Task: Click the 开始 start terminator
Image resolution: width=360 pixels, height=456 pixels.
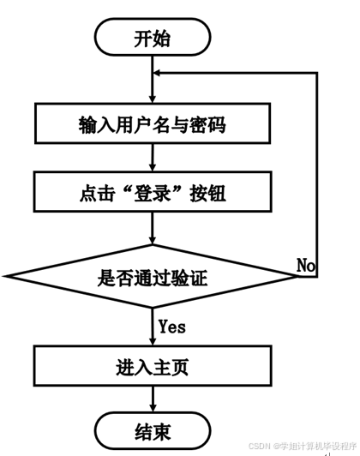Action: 153,37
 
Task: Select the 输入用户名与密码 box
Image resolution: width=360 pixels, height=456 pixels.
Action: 153,123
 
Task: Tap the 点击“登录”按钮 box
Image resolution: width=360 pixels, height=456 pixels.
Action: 153,192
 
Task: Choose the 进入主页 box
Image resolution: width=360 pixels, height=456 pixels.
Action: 153,366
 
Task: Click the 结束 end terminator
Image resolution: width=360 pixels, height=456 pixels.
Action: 153,430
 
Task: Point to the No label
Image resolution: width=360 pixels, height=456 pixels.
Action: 306,265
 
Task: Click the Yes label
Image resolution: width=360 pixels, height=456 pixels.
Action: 172,327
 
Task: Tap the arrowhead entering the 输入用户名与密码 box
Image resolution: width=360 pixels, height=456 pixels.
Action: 153,99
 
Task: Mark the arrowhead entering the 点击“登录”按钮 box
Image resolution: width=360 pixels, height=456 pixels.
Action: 153,167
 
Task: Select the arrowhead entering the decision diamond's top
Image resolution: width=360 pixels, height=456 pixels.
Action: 153,241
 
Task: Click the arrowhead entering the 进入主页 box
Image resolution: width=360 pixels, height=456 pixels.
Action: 153,341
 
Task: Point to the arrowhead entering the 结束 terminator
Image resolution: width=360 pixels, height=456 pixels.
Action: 153,408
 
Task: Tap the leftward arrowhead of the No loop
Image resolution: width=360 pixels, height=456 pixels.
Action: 157,73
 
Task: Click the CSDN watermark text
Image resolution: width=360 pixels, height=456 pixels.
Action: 303,446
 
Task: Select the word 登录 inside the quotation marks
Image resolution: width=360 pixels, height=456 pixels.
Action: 152,193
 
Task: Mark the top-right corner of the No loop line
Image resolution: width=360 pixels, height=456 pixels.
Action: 316,73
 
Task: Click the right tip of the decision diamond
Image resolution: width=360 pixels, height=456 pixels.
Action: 298,276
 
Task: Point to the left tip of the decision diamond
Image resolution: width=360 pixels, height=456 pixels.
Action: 4,276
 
